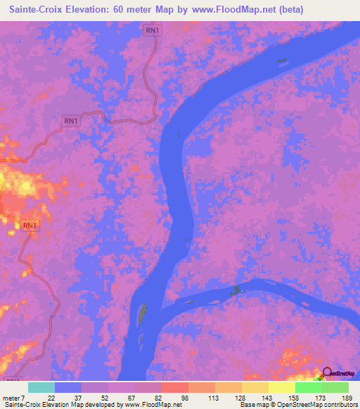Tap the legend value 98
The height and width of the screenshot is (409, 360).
coord(185,398)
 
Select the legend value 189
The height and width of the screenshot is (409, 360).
coord(345,398)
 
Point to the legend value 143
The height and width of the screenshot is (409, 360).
coord(264,398)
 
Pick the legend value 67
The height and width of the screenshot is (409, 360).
coord(131,398)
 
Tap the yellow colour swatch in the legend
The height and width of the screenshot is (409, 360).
coord(281,387)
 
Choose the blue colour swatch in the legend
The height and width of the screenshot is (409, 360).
coord(68,387)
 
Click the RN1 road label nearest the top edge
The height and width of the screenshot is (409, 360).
coord(152,30)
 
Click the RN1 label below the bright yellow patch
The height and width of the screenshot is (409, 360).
coord(29,226)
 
